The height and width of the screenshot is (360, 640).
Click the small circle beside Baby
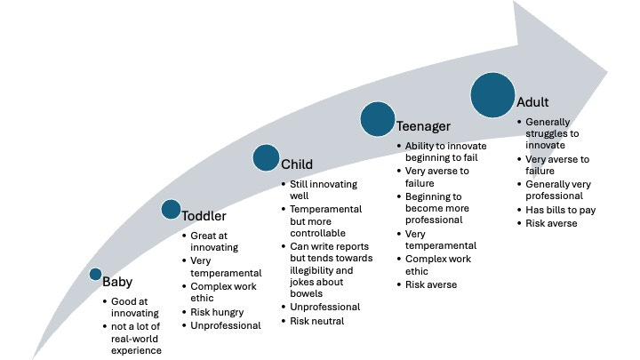pyautogui.click(x=96, y=275)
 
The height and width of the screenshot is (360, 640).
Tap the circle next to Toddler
pyautogui.click(x=171, y=209)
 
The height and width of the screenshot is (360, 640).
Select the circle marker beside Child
pyautogui.click(x=266, y=157)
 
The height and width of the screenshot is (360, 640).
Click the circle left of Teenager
pyautogui.click(x=378, y=118)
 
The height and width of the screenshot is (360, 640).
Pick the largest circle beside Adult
pyautogui.click(x=493, y=94)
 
